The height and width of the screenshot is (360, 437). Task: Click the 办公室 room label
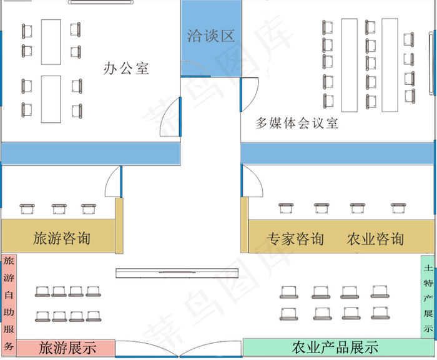[x=126, y=68]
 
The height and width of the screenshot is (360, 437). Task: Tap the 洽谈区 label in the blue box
[x=210, y=36]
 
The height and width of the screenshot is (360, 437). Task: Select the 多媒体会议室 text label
[x=297, y=123]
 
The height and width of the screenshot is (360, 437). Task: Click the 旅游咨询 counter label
[x=61, y=238]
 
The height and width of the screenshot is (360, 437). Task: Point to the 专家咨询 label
[x=295, y=238]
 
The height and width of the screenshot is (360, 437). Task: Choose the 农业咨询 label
[x=375, y=238]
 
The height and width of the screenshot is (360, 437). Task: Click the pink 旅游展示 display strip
[x=66, y=348]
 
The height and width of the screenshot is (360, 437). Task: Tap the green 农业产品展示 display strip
[x=335, y=347]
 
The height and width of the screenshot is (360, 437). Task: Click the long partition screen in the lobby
[x=178, y=272]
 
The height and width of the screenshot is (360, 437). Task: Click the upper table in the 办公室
[x=51, y=42]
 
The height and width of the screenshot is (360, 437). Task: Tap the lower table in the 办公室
[x=51, y=99]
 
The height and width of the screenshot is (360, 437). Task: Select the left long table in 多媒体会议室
[x=350, y=65]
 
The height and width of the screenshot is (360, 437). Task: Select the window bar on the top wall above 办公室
[x=101, y=2]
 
